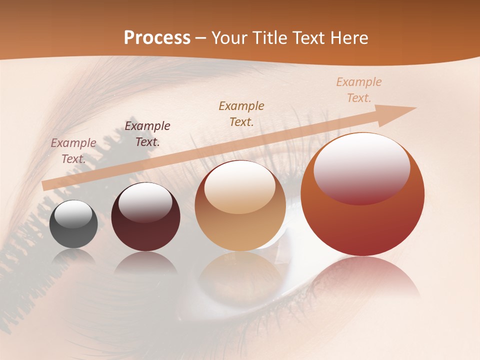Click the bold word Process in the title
(x=157, y=38)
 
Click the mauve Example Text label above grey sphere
(x=73, y=150)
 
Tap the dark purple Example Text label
(x=147, y=133)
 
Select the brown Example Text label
(x=241, y=113)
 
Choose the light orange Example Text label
(x=359, y=89)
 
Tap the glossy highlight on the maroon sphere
(x=145, y=202)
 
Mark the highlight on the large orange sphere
(x=361, y=168)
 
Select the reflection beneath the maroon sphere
(x=145, y=264)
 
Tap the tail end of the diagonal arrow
(x=46, y=185)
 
